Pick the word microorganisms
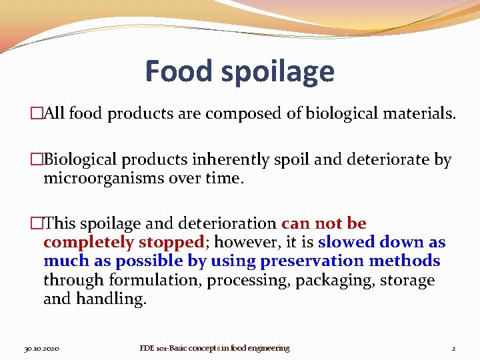point(107,179)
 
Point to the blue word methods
point(407,261)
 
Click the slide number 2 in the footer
point(453,348)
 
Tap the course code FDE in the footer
point(148,348)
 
